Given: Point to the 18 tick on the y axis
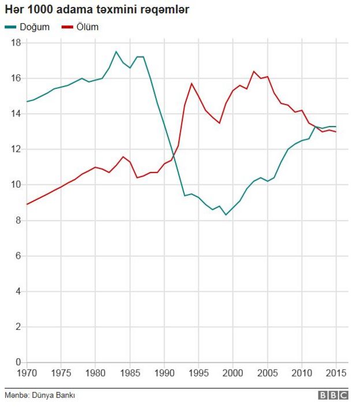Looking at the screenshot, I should [x=16, y=43].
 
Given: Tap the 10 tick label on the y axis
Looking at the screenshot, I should [x=16, y=185].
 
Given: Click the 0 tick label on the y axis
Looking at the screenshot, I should [x=18, y=363].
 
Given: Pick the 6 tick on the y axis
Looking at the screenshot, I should [x=18, y=256].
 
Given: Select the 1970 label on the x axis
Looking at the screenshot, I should [x=26, y=374].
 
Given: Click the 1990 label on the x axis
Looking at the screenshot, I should [x=164, y=374].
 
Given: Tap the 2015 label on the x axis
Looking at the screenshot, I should [x=336, y=374].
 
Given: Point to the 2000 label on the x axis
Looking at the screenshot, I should [x=233, y=374].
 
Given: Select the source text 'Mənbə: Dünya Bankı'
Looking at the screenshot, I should [x=40, y=396].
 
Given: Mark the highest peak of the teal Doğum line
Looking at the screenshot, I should [x=116, y=51].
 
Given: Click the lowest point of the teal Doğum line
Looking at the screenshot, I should [x=226, y=215].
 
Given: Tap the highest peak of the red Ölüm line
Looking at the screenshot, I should [x=254, y=71].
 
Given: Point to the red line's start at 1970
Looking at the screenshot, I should [x=27, y=204].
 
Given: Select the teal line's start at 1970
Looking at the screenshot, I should [x=27, y=102].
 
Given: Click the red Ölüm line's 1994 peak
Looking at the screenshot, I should [x=192, y=83].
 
